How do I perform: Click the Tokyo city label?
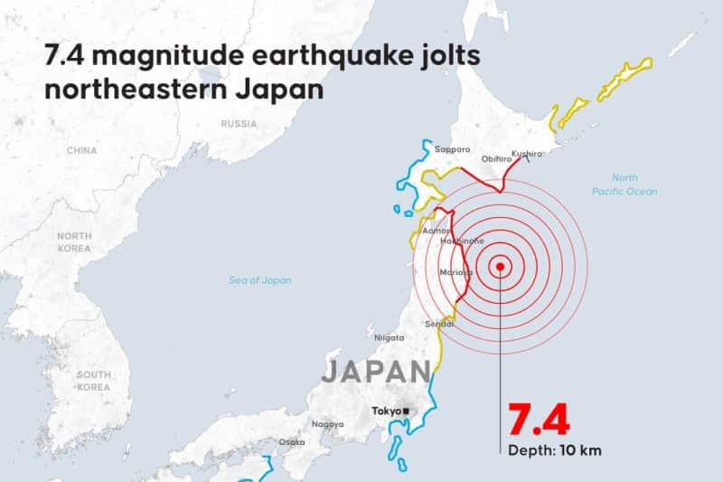point(386,411)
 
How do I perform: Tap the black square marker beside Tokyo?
point(407,411)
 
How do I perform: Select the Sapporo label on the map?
point(452,149)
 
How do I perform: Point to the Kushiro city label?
point(526,155)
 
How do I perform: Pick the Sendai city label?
point(439,324)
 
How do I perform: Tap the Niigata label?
point(390,337)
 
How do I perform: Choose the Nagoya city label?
point(327,424)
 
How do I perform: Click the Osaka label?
point(291,442)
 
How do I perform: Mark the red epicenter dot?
point(499,266)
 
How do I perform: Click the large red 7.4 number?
point(538,421)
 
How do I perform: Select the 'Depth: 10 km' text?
point(553,450)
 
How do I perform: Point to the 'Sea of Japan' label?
point(260,280)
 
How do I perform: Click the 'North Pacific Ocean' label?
point(624,184)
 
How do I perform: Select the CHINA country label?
point(81,150)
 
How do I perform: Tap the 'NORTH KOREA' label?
point(74,241)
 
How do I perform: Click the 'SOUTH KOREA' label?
point(93,381)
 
